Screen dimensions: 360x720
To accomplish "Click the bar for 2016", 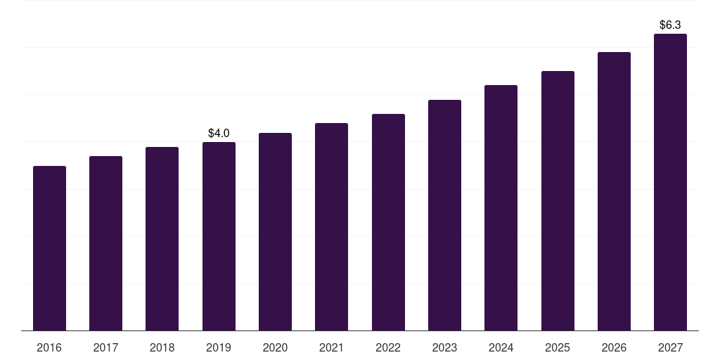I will click(49, 248).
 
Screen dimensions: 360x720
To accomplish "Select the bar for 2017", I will click(105, 243).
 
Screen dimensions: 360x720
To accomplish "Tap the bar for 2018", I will click(162, 239).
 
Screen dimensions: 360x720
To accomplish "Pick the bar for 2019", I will click(219, 236).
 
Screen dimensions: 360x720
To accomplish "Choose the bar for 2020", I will click(275, 232).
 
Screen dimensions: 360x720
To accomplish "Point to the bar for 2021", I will click(331, 227).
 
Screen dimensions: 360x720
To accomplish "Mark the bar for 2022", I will click(388, 222).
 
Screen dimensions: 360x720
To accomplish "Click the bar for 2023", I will click(444, 215).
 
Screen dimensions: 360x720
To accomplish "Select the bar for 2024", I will click(501, 208).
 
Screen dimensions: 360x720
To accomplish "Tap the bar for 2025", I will click(558, 201).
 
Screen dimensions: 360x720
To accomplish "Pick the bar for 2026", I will click(614, 191).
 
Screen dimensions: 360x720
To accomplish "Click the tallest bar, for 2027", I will click(670, 182).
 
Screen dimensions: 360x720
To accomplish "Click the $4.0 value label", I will click(219, 133).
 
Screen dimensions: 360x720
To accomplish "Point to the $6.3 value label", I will click(670, 25).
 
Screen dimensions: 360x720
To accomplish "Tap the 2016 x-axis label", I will click(49, 348).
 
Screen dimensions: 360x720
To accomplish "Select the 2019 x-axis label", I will click(219, 348).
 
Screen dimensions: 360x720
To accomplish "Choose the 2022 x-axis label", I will click(388, 348).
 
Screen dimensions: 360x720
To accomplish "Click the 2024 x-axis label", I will click(501, 348).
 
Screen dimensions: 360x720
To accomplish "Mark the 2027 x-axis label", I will click(670, 348).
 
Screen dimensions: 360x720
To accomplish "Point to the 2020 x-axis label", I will click(275, 348).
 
